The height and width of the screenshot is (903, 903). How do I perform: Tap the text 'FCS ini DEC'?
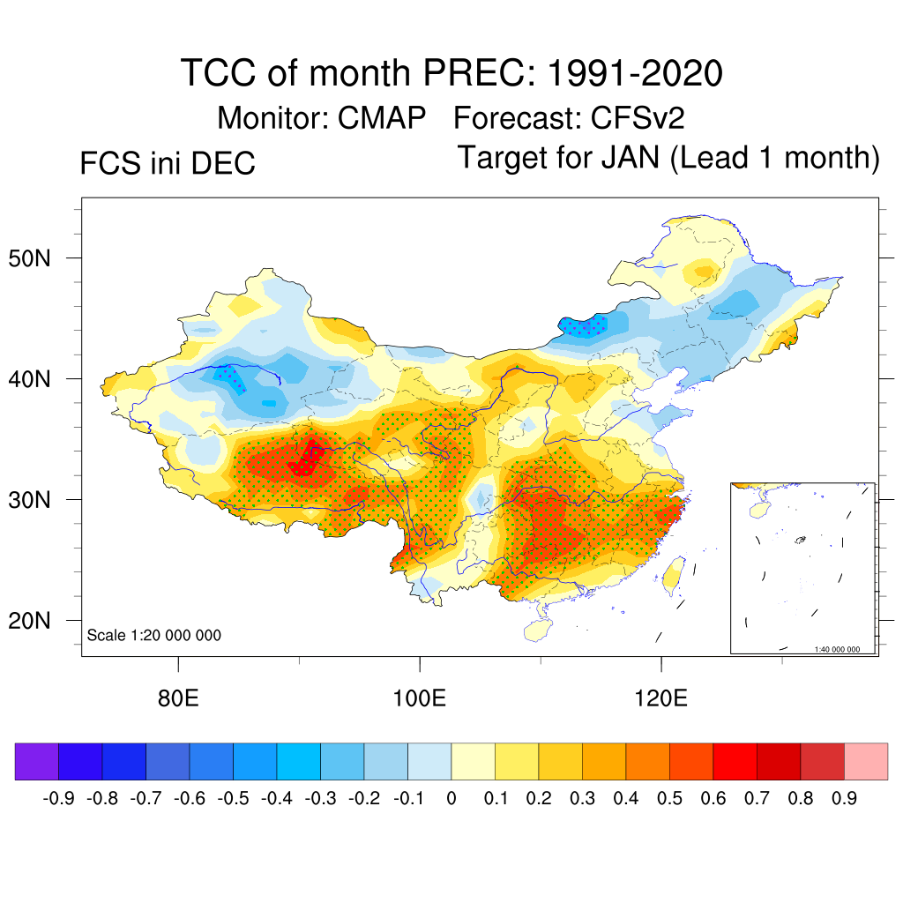point(168,163)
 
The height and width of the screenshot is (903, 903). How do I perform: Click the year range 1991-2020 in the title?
point(635,72)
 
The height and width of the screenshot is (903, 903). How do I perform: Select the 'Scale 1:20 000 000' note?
point(154,635)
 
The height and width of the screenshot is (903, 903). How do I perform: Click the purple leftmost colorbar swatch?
point(36,761)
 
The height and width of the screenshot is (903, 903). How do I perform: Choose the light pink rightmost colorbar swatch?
point(866,761)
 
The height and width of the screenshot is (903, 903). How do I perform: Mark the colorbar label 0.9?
point(844,799)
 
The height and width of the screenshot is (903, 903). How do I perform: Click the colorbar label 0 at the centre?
point(451,799)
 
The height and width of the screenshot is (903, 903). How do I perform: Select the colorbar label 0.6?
point(713,799)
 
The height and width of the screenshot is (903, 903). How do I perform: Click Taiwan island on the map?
point(672,573)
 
